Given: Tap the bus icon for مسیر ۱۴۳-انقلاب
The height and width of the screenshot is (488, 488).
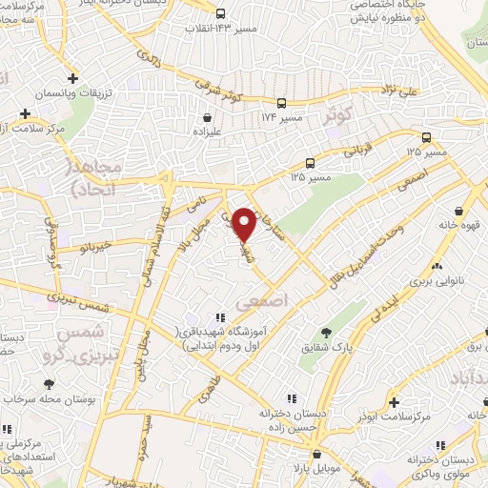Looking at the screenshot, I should coord(220,13).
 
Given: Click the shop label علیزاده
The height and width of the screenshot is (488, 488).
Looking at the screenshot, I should coord(207,134).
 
